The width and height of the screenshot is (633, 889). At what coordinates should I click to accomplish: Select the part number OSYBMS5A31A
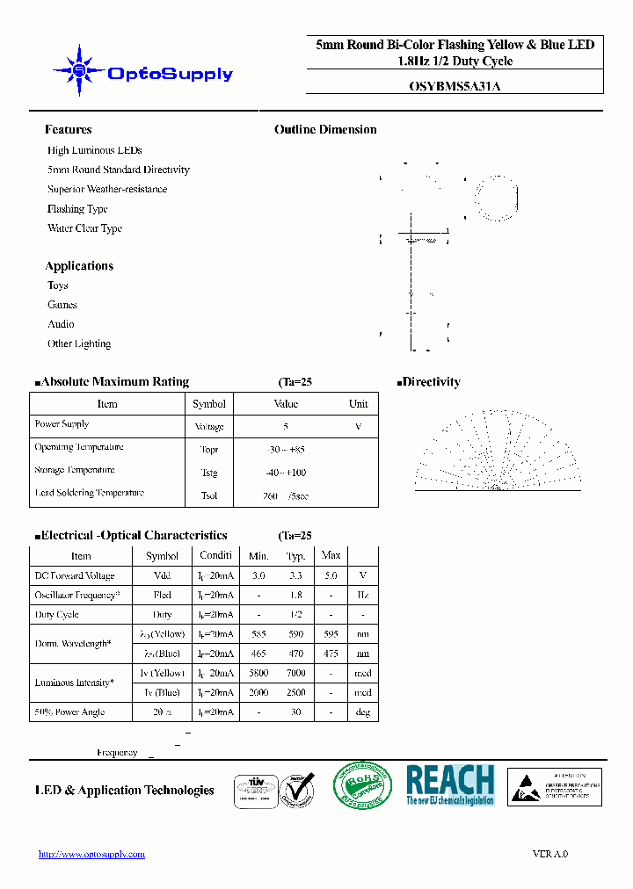(x=455, y=86)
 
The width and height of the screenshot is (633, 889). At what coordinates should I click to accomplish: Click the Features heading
(x=68, y=129)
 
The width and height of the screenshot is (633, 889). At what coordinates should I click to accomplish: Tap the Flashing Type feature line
(x=77, y=209)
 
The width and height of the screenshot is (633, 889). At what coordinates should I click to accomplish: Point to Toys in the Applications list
(x=58, y=285)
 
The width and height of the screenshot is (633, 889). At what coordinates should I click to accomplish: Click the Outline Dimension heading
(x=325, y=129)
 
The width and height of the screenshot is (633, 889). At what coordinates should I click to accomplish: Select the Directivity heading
(x=431, y=382)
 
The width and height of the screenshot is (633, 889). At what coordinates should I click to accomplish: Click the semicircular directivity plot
(x=498, y=449)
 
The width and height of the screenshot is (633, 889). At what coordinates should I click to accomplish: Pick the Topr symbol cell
(x=209, y=450)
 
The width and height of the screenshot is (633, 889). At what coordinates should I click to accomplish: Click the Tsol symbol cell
(x=209, y=495)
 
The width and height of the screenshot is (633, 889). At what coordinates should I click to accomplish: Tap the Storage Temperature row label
(x=75, y=471)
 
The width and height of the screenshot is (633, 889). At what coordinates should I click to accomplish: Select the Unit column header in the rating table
(x=358, y=404)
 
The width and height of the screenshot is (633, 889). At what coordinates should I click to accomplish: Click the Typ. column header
(x=295, y=556)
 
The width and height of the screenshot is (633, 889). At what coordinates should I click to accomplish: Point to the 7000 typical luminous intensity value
(x=295, y=673)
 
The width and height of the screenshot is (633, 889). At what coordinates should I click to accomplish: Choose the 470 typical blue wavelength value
(x=295, y=654)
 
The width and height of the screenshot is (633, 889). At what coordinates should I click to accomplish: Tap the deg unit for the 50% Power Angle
(x=362, y=712)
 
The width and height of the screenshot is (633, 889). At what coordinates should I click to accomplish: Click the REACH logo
(x=450, y=784)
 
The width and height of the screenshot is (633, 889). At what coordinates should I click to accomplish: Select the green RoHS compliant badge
(x=362, y=784)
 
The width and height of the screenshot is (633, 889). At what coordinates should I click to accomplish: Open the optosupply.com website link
(x=92, y=854)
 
